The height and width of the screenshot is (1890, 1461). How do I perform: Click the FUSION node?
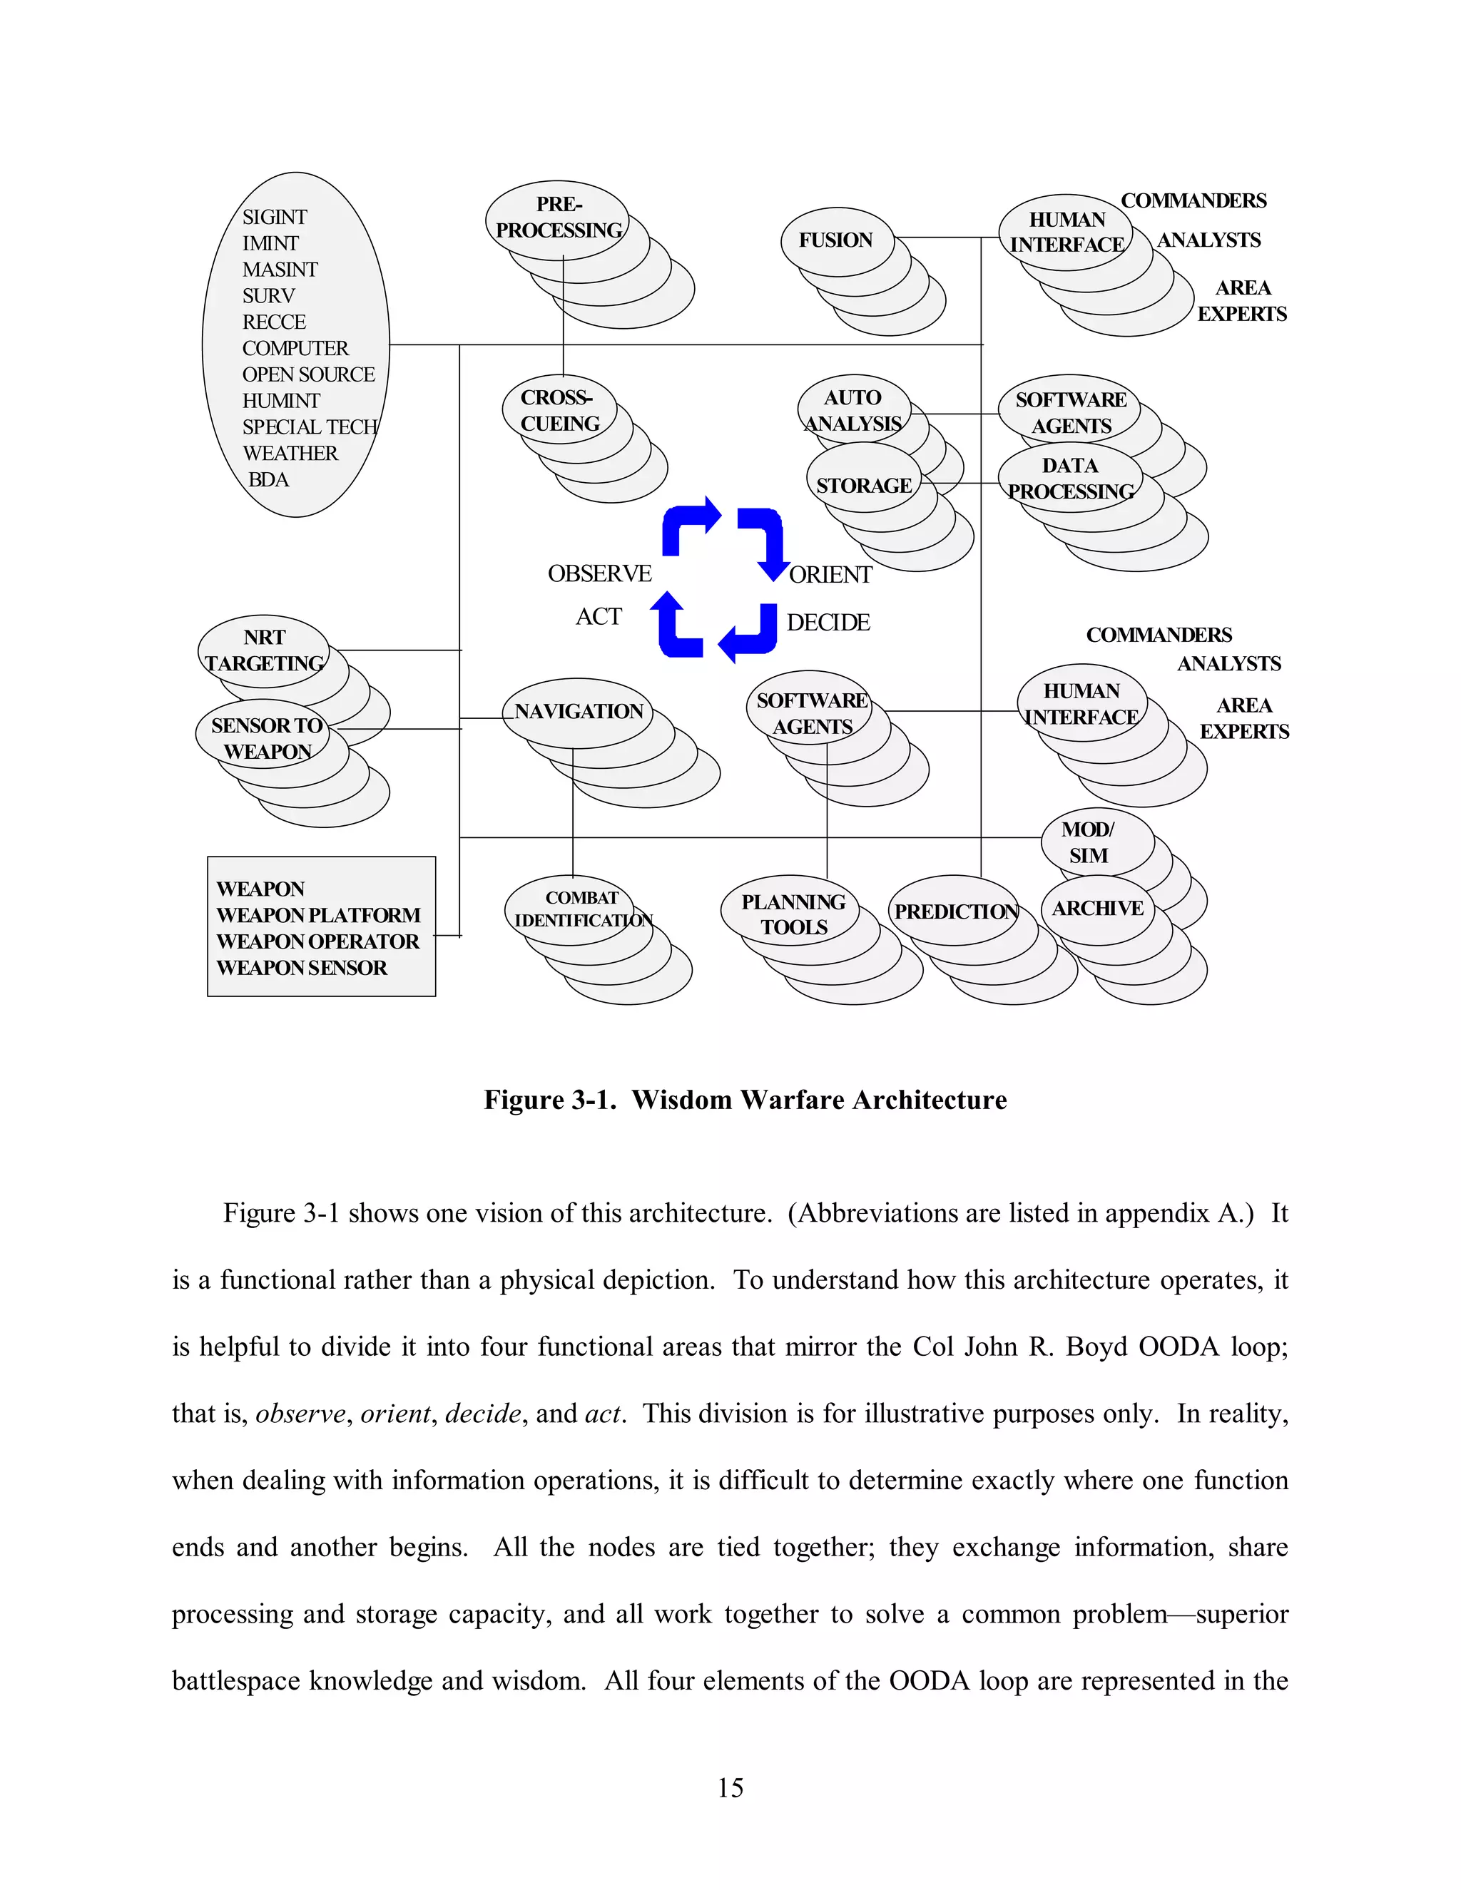pos(835,240)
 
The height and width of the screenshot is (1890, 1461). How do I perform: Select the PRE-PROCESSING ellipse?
pos(559,218)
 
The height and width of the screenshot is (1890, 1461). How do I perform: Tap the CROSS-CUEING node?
pos(559,410)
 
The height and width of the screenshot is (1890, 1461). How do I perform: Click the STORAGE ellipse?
pos(864,486)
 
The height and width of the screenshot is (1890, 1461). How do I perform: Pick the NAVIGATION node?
pos(578,711)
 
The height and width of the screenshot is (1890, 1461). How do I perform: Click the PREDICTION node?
pos(955,911)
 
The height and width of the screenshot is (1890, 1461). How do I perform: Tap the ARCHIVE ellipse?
pos(1097,908)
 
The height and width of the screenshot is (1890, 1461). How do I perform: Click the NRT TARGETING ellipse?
pos(264,650)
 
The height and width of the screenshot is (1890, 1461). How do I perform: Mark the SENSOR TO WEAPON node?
pos(265,738)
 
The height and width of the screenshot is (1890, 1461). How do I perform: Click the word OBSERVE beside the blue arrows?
pos(599,573)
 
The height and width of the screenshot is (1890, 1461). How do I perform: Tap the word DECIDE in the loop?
pos(828,622)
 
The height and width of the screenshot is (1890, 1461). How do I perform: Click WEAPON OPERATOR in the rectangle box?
pos(317,941)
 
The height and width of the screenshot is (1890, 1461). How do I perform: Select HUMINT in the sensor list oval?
pos(280,401)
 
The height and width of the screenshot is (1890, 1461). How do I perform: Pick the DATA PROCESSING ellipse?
pos(1071,479)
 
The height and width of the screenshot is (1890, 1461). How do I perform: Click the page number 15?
pos(730,1788)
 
